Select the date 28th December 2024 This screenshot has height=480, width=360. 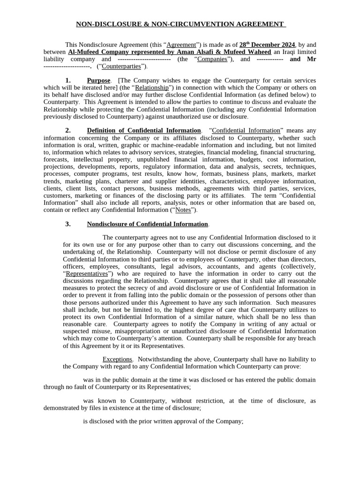[267, 45]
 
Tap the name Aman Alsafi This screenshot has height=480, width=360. [194, 52]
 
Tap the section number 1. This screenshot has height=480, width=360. [68, 81]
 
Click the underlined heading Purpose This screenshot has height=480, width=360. [98, 81]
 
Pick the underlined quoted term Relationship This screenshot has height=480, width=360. [151, 88]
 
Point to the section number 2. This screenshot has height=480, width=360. [68, 130]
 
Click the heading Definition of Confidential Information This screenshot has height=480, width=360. [144, 130]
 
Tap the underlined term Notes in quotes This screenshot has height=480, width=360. [183, 210]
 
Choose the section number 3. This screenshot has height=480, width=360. [68, 224]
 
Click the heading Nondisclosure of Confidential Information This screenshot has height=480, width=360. [147, 224]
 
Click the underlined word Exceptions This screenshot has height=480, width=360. [117, 360]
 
